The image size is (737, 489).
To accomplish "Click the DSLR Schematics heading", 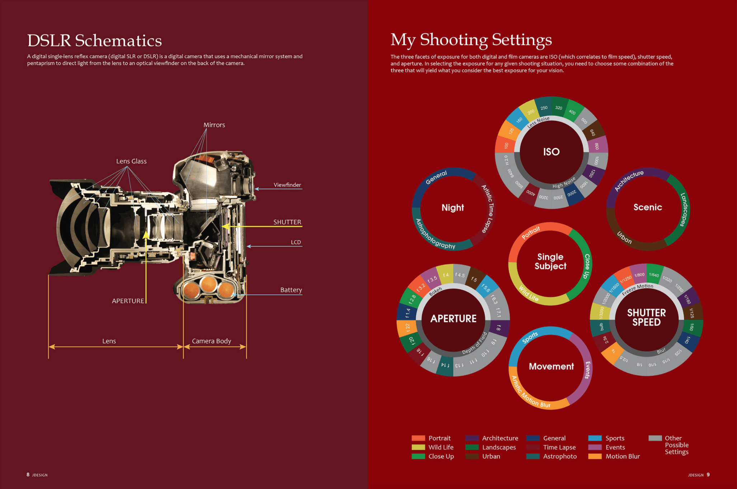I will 94,40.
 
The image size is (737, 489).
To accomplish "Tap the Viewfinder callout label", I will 287,185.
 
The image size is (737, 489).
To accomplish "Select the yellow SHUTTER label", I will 287,222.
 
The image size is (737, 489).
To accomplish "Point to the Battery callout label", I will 291,290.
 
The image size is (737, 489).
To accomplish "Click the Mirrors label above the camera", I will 214,125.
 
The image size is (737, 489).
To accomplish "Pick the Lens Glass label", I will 131,161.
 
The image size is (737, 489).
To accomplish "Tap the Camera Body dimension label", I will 211,341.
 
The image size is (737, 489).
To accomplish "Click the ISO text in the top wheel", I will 551,152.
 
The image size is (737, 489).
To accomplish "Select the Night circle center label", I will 452,208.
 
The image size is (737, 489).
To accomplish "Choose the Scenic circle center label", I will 648,207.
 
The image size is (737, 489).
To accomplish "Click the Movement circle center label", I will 551,366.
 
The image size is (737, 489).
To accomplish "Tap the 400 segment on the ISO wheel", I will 572,112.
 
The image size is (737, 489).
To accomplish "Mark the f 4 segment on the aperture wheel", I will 446,275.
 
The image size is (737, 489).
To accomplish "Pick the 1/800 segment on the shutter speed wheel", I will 639,275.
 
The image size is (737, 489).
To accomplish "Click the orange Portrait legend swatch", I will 418,438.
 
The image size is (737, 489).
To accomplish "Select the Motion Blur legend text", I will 623,456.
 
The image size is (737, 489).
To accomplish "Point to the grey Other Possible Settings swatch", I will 655,438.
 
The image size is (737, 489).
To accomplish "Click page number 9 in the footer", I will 708,475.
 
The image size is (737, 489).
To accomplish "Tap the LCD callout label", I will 296,242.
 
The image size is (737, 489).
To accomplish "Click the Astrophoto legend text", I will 560,456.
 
